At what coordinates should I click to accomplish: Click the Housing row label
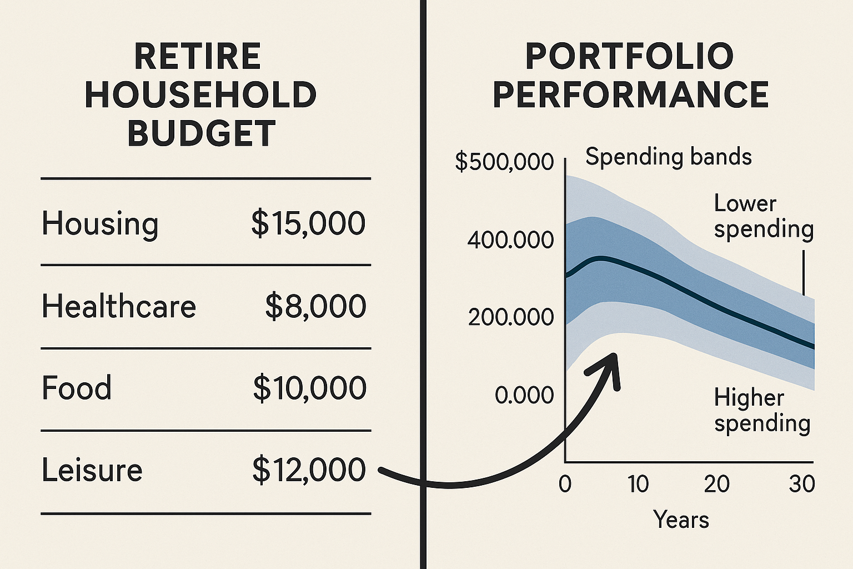tap(100, 224)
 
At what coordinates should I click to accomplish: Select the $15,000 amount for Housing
tap(308, 223)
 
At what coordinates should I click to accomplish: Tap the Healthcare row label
tap(118, 306)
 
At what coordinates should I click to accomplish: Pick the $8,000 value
tap(315, 306)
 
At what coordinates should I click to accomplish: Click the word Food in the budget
tap(77, 388)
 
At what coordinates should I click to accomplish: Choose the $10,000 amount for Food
tap(310, 388)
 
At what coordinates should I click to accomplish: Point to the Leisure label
tap(92, 470)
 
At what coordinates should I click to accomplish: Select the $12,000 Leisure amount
tap(309, 470)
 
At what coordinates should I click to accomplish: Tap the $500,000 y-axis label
tap(504, 162)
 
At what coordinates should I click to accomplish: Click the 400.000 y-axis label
tap(510, 240)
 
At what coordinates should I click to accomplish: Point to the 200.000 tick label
tap(511, 317)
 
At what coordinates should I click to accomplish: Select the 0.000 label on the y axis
tap(524, 395)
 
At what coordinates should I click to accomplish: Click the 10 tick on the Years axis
tap(638, 485)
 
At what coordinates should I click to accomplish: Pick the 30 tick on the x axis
tap(801, 485)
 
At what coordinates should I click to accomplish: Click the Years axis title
tap(681, 520)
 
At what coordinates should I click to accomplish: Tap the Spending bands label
tap(668, 157)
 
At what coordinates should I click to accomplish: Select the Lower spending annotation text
tap(763, 216)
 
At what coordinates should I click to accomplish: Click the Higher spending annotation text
tap(762, 410)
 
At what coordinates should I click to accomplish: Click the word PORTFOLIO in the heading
tap(630, 57)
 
